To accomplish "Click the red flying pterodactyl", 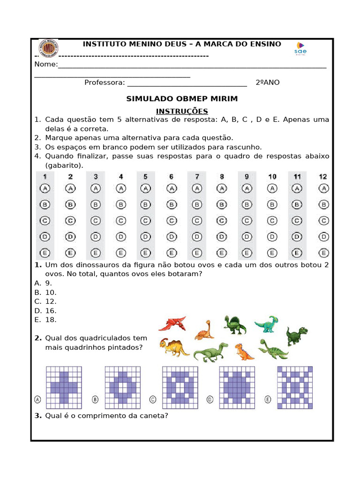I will click(172, 323).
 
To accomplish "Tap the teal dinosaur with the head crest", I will click(267, 324).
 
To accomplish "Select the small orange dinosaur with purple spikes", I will click(243, 352).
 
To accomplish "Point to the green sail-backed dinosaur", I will click(234, 325).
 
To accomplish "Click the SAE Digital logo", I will click(300, 47).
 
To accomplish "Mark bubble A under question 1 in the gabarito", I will click(45, 188).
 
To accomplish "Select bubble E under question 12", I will click(323, 253).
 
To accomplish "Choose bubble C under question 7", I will click(197, 220).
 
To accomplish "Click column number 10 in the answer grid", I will click(272, 177).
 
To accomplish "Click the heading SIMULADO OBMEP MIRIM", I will click(182, 99).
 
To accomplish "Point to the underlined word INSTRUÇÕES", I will click(182, 111).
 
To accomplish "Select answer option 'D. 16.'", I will click(45, 311).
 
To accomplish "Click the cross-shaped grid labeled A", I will click(63, 388).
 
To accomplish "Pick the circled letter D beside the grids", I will click(210, 399).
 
